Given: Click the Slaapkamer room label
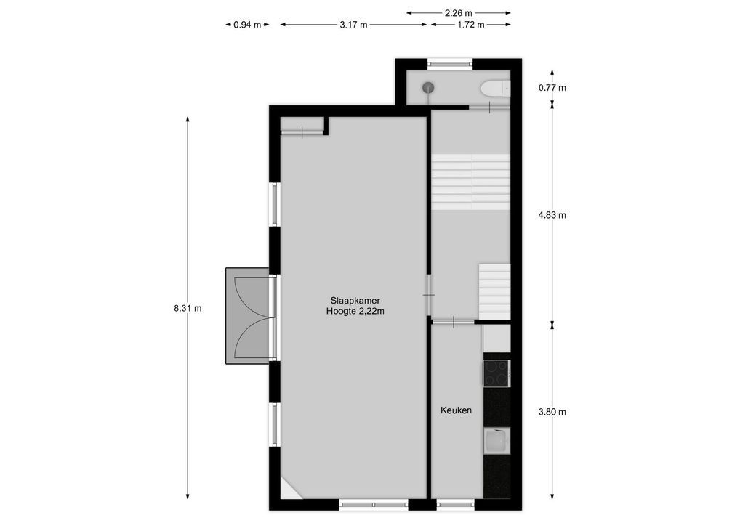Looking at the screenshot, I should [355, 300].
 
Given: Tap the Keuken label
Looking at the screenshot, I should [456, 410].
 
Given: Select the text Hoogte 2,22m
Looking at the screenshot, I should [355, 312].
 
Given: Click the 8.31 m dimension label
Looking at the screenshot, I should [188, 308].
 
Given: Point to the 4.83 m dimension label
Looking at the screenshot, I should [552, 215].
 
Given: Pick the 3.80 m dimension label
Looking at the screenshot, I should [552, 412].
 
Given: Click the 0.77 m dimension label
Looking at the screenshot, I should [552, 88].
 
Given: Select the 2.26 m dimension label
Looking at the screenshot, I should [458, 12].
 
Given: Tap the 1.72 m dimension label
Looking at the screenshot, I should [471, 25].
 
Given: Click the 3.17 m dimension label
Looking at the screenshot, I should [353, 25].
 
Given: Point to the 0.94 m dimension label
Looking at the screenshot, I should [247, 25].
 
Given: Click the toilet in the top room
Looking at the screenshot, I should [495, 89].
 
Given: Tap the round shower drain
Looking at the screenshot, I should [429, 87].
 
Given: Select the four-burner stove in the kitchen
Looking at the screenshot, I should [496, 373].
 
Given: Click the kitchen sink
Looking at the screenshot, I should [496, 441].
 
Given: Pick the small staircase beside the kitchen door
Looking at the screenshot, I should [494, 291].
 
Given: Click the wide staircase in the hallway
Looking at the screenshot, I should [470, 182].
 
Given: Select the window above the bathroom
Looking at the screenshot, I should [450, 64].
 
